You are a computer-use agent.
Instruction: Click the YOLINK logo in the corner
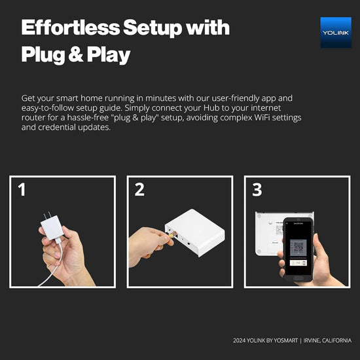(x=335, y=32)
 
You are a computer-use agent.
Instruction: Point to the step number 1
(x=22, y=190)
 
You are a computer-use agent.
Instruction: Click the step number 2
(x=139, y=190)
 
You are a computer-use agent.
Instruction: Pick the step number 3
(x=257, y=190)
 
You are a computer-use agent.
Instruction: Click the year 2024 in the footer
(x=240, y=340)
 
